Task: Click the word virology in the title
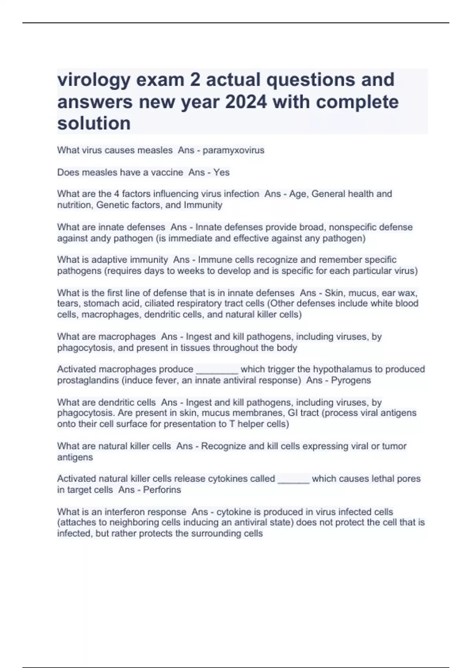94,80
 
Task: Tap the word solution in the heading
94,123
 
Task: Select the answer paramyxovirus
234,150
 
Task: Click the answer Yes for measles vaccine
221,172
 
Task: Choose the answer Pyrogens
351,380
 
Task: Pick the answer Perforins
162,490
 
